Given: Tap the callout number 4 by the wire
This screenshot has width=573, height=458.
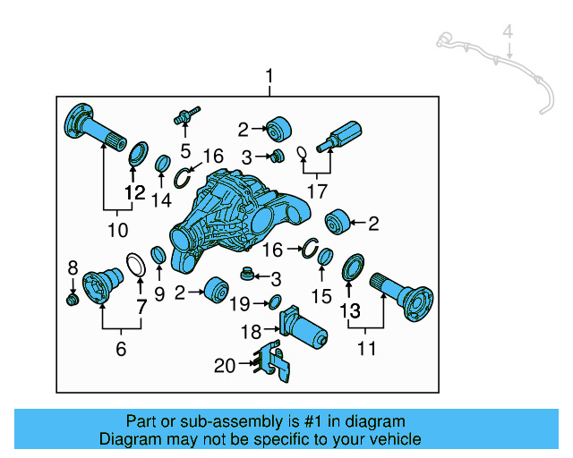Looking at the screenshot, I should click(x=507, y=34).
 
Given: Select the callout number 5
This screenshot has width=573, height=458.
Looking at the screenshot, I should click(x=185, y=148).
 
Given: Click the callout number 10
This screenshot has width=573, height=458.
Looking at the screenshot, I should click(x=118, y=230).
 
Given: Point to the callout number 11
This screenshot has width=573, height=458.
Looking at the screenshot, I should click(x=367, y=348).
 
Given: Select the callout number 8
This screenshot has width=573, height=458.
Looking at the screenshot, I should click(x=73, y=266).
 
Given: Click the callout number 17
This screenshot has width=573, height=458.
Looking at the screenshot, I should click(x=316, y=191).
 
